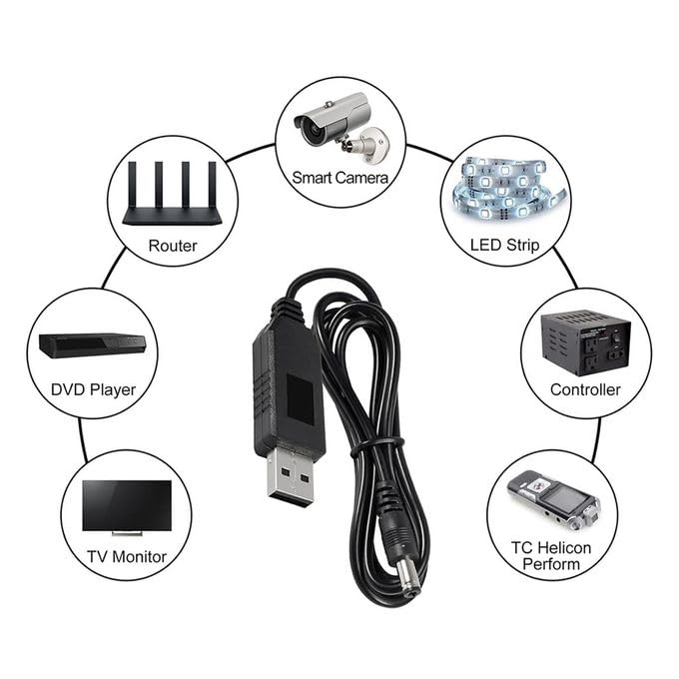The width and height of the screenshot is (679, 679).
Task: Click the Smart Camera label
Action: (x=339, y=178)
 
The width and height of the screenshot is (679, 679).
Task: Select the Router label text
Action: (x=172, y=246)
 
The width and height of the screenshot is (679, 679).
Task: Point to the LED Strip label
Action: (x=504, y=244)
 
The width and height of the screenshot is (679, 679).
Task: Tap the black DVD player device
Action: (x=92, y=345)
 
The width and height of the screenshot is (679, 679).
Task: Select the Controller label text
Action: (x=585, y=389)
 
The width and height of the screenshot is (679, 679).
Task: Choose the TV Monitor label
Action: (x=125, y=556)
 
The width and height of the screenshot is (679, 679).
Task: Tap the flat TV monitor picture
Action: (x=126, y=506)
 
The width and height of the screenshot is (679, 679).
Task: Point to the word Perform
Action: (x=551, y=565)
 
